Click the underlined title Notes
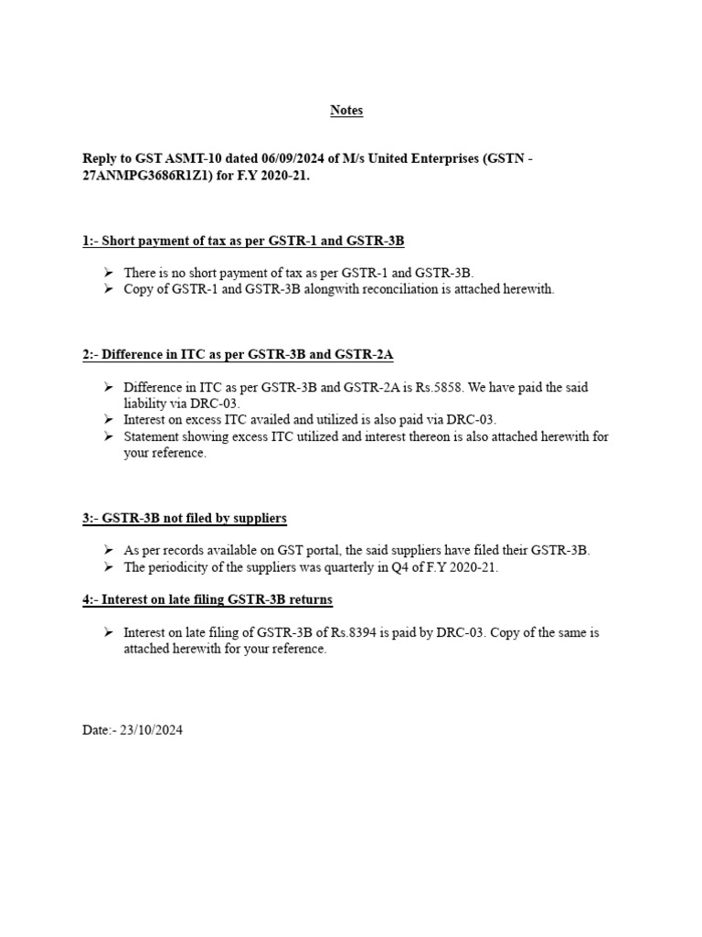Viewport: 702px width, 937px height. pos(346,111)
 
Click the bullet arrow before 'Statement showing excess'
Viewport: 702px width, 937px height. pos(108,436)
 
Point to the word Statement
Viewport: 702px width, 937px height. pos(152,437)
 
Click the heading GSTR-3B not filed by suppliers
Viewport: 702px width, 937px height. pos(184,518)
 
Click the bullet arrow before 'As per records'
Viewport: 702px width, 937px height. pos(108,550)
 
